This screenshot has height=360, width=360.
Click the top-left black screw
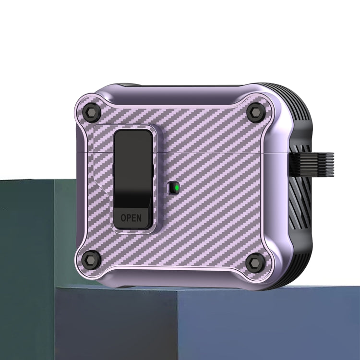coord(93,114)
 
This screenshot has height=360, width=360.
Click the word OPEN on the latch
coord(131,217)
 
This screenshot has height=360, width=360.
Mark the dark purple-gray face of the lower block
coord(115,326)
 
